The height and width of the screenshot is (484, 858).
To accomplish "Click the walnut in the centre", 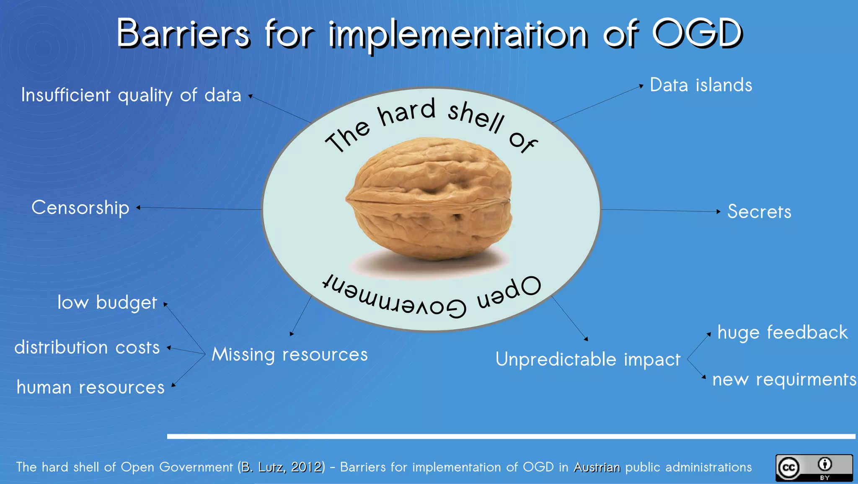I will pos(429,199).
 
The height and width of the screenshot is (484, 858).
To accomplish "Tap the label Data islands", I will pos(701,85).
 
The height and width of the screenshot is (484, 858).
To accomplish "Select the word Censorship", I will pos(80,208).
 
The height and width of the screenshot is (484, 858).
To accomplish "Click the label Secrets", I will pos(759,211).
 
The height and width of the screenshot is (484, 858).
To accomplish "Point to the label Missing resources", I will pos(289,355).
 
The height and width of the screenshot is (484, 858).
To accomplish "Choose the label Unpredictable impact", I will pos(588,360).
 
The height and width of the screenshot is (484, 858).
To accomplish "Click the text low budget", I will pos(107,302).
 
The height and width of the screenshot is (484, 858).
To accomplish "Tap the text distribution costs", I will pos(87,348).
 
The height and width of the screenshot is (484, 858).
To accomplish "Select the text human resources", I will pos(90,387).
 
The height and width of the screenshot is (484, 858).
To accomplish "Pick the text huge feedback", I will pos(782,332).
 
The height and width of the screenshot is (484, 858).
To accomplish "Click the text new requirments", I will pos(784,379).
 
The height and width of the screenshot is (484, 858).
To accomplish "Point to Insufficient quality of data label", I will pos(131,95).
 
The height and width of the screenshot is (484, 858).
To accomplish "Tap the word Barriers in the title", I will pos(183,33).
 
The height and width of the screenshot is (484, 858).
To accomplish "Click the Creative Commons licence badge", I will pos(814,468).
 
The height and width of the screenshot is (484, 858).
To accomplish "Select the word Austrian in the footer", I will pos(597,467).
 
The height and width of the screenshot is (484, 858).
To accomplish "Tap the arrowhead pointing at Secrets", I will pos(718,211).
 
